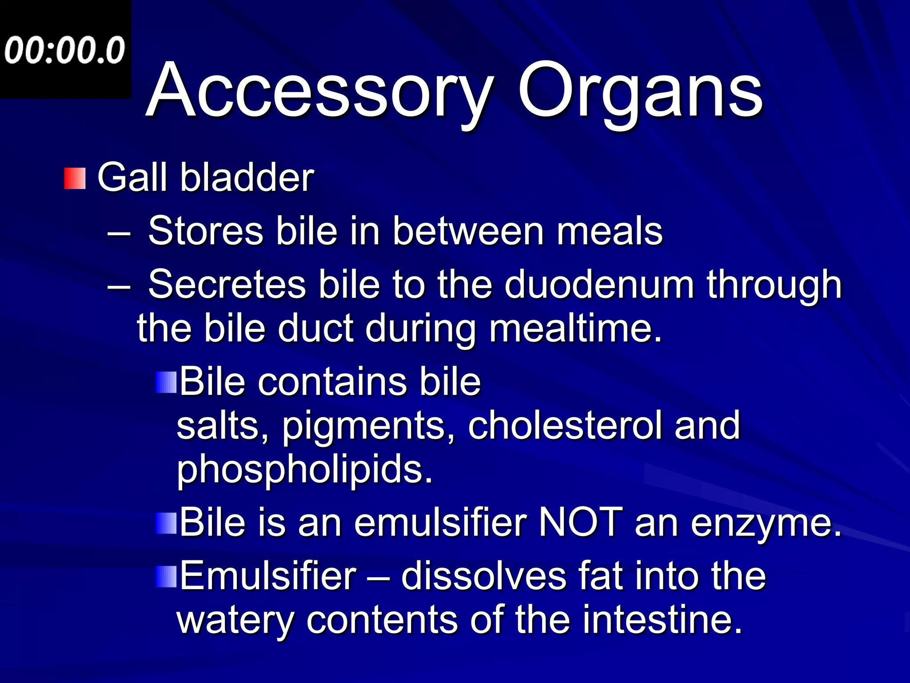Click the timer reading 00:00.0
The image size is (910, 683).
point(65,50)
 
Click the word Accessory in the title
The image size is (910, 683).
point(320,91)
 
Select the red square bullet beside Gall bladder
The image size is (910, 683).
point(75,178)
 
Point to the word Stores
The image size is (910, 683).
point(206,231)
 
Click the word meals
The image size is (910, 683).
point(610,231)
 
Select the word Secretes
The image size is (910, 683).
point(227,284)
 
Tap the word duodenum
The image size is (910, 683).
point(599,284)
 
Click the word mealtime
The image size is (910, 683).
point(575,328)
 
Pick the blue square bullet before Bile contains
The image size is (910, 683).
point(166,382)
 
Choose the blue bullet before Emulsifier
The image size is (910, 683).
point(166,576)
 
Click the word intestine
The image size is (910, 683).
point(662,620)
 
